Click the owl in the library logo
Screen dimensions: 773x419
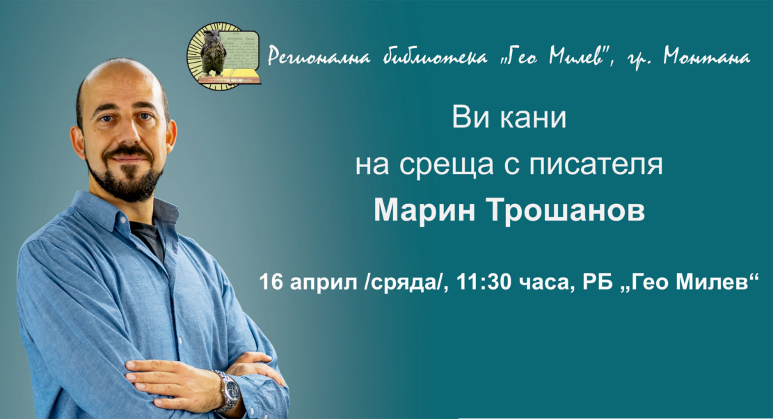point(213,52)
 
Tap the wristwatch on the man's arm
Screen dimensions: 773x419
point(228,390)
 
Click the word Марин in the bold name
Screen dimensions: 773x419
point(424,210)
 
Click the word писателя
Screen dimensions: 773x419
point(596,165)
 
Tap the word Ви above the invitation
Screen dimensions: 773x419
point(471,118)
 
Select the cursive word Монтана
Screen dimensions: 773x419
point(706,56)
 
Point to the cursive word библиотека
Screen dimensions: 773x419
point(435,56)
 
